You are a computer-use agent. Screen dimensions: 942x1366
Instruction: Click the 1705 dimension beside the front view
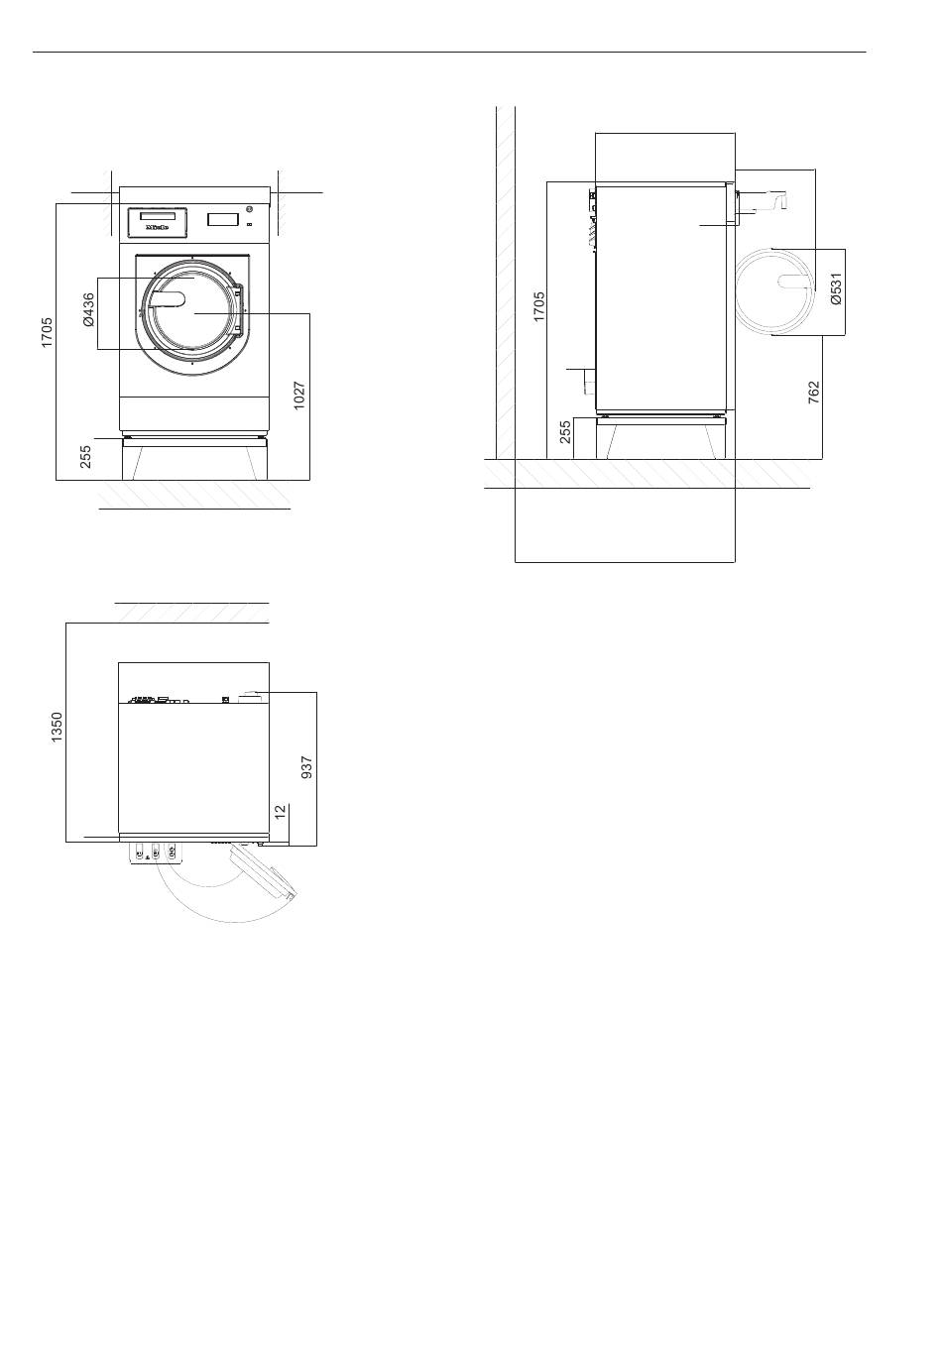[47, 332]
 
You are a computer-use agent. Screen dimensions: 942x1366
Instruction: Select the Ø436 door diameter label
[88, 310]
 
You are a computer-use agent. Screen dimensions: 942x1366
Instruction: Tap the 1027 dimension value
[298, 396]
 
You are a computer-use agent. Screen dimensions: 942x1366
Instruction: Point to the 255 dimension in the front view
[86, 457]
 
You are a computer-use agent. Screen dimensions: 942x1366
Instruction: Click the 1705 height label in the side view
[538, 306]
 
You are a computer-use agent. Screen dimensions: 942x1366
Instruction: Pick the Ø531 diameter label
[835, 289]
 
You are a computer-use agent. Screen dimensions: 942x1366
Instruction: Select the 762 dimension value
[813, 394]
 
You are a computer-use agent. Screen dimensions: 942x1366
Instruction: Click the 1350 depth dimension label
[57, 728]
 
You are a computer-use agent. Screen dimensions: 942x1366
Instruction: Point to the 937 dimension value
[306, 767]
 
